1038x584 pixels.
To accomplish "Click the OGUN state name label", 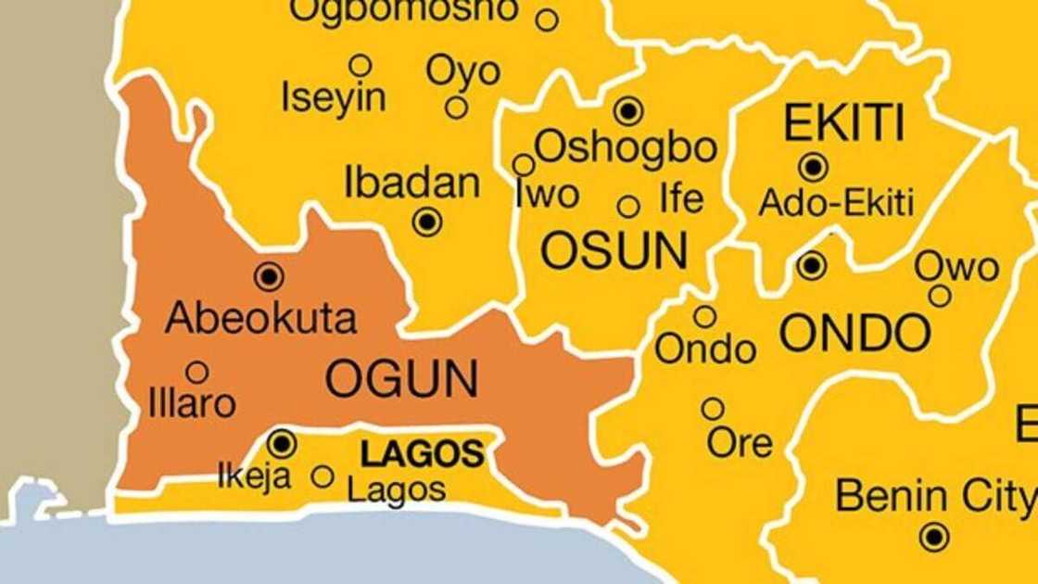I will [402, 379].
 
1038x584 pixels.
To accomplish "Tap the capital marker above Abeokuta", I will [269, 275].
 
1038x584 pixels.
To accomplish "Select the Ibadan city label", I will [412, 183].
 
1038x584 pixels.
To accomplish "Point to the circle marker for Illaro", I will [196, 373].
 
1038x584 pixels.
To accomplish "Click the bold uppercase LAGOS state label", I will [422, 454].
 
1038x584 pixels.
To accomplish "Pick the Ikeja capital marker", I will [282, 443].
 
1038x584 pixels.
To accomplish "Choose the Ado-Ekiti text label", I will [836, 202].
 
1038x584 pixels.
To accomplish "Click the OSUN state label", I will [614, 251].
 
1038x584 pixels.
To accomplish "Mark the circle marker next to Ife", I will [628, 207].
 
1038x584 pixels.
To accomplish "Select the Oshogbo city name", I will [626, 146].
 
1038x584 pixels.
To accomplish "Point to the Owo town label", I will [957, 268].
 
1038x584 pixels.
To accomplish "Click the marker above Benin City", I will [934, 536].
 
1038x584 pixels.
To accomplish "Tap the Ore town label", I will [740, 443].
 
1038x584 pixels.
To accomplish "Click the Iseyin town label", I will [334, 98].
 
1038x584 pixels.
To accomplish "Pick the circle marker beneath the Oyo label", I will [456, 108].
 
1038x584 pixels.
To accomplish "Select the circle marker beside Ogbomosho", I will [547, 19].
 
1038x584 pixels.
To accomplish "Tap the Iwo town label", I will [547, 195].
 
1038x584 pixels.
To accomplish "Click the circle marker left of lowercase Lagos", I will [323, 476].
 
